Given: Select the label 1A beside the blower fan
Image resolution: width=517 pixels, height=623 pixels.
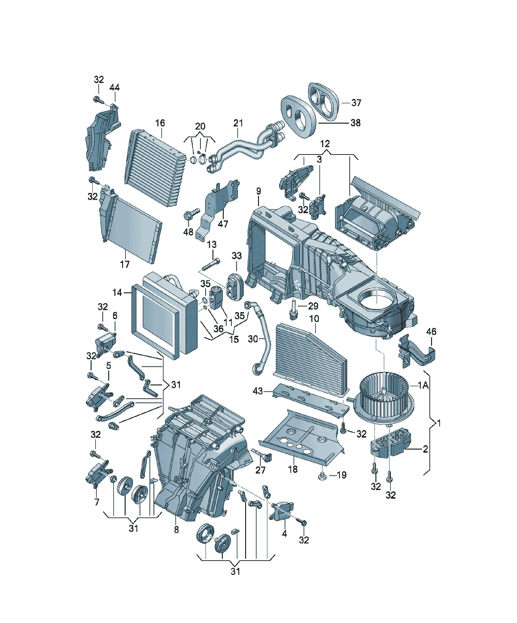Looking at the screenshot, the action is coord(423,385).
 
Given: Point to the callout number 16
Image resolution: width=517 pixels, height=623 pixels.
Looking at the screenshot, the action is coord(160,123).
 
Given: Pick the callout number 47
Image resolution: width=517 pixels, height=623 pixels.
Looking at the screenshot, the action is coord(223,224).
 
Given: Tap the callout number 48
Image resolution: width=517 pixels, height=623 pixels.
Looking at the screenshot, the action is coord(188,232).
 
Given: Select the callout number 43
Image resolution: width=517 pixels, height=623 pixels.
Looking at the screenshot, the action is coord(258,391).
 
